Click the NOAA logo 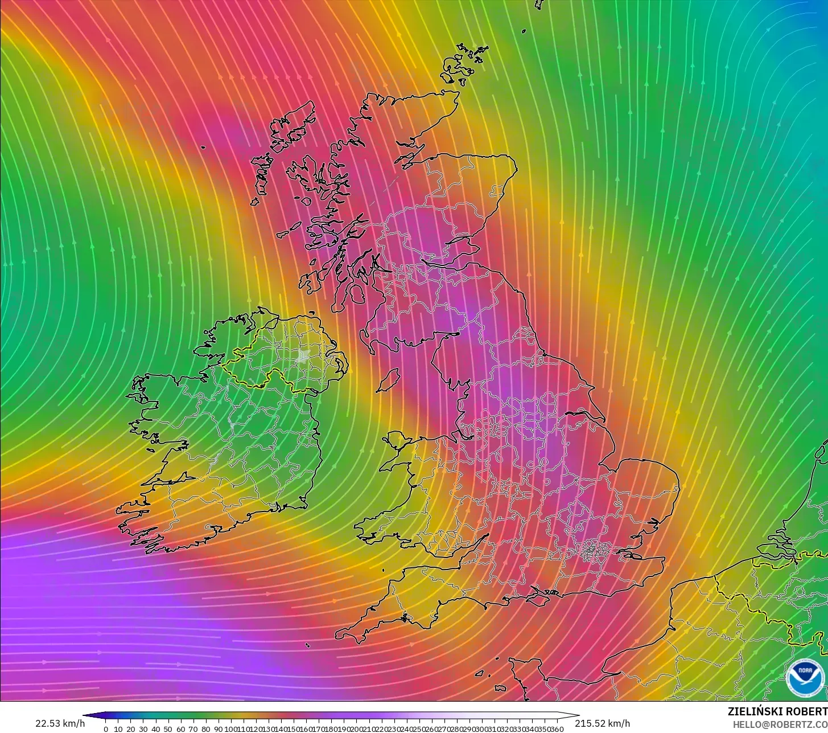[x=805, y=677]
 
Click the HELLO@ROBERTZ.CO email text [x=780, y=724]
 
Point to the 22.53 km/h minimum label [x=60, y=723]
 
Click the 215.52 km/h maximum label [x=603, y=723]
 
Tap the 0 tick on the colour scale [x=106, y=728]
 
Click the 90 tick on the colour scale [x=219, y=728]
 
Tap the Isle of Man [x=388, y=380]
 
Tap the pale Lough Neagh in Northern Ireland [x=303, y=357]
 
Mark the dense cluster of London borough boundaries [x=592, y=550]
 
